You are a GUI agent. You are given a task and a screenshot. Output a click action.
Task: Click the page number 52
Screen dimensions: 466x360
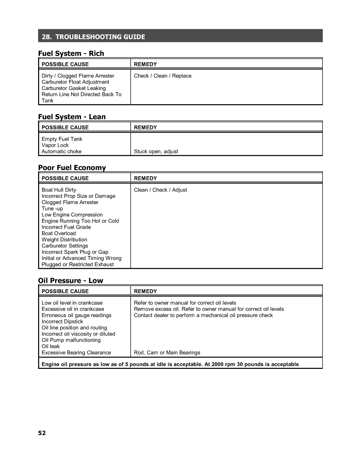(42, 433)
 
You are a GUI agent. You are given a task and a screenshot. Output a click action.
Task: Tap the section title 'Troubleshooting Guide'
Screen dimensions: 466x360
(93, 37)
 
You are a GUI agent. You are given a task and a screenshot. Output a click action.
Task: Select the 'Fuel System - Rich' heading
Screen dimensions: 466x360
(71, 54)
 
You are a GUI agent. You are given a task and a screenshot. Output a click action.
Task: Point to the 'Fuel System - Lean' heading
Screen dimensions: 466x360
(72, 117)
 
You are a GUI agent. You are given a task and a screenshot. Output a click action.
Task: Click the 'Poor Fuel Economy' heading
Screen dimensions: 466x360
(72, 168)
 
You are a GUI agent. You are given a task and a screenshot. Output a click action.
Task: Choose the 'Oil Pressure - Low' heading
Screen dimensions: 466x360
(70, 281)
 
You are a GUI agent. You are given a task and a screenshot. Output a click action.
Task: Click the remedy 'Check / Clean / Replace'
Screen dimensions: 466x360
(162, 76)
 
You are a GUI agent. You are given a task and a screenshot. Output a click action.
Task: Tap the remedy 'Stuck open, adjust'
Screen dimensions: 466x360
(156, 152)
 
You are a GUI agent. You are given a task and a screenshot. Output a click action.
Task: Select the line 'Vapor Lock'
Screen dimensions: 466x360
(55, 145)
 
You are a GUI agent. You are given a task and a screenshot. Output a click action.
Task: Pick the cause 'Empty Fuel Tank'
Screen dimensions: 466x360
(62, 139)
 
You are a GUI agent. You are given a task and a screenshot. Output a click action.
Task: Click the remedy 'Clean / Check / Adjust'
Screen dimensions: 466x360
(160, 190)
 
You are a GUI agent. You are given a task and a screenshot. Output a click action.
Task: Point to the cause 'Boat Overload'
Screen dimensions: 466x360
(59, 234)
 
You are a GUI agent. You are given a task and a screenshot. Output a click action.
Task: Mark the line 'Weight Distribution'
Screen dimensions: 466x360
(64, 240)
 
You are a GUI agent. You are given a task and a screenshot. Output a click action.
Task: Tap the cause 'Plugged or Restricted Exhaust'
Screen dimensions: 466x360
(77, 264)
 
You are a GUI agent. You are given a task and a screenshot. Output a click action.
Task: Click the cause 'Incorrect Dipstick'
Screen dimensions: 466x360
(62, 322)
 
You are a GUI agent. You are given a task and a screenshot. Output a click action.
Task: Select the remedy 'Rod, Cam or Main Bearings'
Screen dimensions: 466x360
(167, 353)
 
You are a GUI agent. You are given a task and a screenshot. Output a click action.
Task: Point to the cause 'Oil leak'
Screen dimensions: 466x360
(51, 346)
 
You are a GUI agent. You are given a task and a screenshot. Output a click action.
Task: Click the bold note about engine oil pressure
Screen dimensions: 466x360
(170, 364)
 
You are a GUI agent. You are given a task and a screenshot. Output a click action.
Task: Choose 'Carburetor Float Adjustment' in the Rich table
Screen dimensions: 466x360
(75, 82)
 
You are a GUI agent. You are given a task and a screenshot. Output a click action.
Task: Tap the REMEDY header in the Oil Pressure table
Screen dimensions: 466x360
(145, 291)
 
